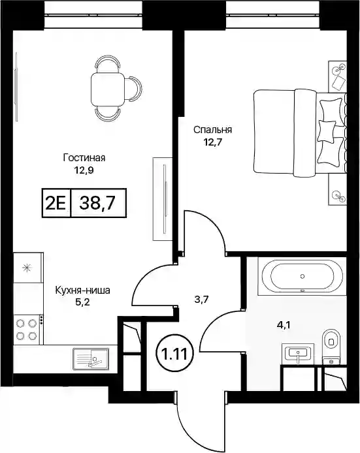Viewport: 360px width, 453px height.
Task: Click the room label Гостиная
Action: click(x=84, y=158)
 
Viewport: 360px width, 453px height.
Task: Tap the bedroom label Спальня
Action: click(x=212, y=130)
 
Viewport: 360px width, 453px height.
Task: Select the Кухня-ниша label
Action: click(x=83, y=290)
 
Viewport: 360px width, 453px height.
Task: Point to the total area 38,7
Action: click(x=99, y=203)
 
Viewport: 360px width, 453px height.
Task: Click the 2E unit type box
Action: click(x=56, y=203)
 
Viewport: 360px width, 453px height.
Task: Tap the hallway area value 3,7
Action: click(x=201, y=300)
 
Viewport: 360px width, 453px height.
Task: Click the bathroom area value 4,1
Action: click(x=284, y=326)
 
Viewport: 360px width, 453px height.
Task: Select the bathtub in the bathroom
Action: click(x=302, y=277)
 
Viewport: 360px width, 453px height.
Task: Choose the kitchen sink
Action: click(x=91, y=358)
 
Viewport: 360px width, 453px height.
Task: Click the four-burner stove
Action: click(x=27, y=328)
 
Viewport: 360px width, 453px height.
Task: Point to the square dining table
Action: click(x=108, y=90)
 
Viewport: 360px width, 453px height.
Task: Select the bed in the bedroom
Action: click(x=300, y=133)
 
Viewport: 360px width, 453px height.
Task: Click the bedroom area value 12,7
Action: click(x=212, y=142)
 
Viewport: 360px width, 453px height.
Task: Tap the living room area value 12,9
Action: click(x=84, y=170)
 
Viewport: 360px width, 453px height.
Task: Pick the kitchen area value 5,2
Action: click(x=83, y=302)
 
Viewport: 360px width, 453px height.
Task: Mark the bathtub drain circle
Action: click(x=303, y=277)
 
